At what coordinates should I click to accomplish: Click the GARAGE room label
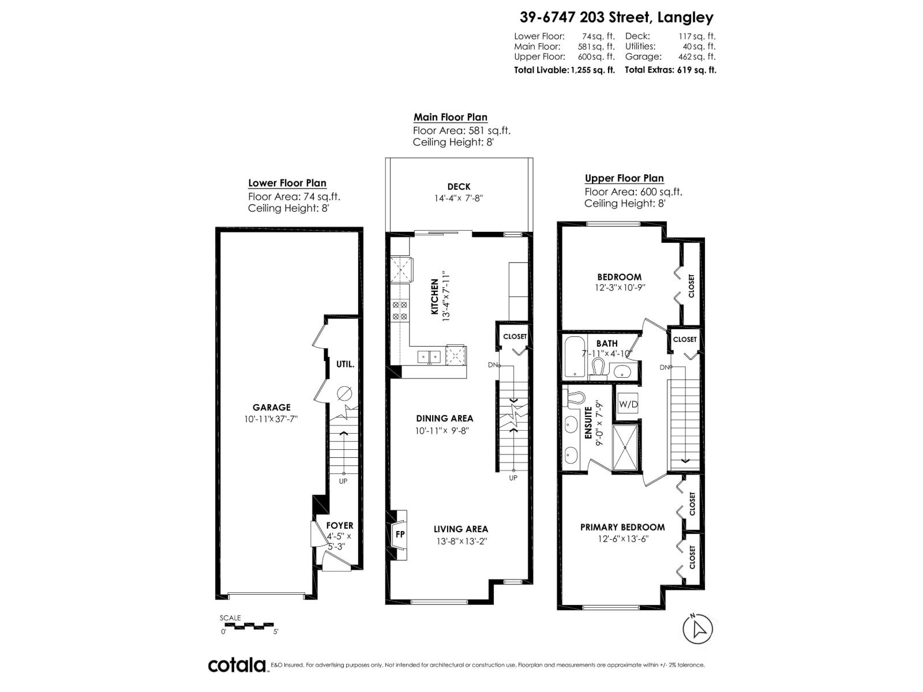click(x=271, y=407)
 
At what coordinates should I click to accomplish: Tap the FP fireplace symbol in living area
click(x=400, y=534)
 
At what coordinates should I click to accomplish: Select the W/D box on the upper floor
click(x=628, y=404)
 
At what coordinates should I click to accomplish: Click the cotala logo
click(x=237, y=665)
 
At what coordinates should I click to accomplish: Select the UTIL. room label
click(x=345, y=364)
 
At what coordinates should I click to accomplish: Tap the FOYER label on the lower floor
click(x=339, y=525)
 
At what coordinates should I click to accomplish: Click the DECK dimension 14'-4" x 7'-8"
click(x=459, y=198)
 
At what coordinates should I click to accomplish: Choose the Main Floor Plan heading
click(x=450, y=117)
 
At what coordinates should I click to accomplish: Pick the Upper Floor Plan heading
click(x=624, y=178)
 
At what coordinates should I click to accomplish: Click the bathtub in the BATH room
click(x=574, y=356)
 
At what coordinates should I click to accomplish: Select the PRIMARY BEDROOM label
click(x=622, y=527)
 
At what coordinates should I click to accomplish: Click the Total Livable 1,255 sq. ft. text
click(x=564, y=70)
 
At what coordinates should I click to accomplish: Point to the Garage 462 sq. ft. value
click(x=696, y=57)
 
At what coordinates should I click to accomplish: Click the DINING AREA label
click(x=444, y=418)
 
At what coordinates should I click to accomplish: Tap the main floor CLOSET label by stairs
click(x=515, y=336)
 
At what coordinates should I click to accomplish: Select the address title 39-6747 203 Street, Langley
click(x=616, y=17)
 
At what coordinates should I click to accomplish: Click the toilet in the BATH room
click(x=598, y=367)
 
